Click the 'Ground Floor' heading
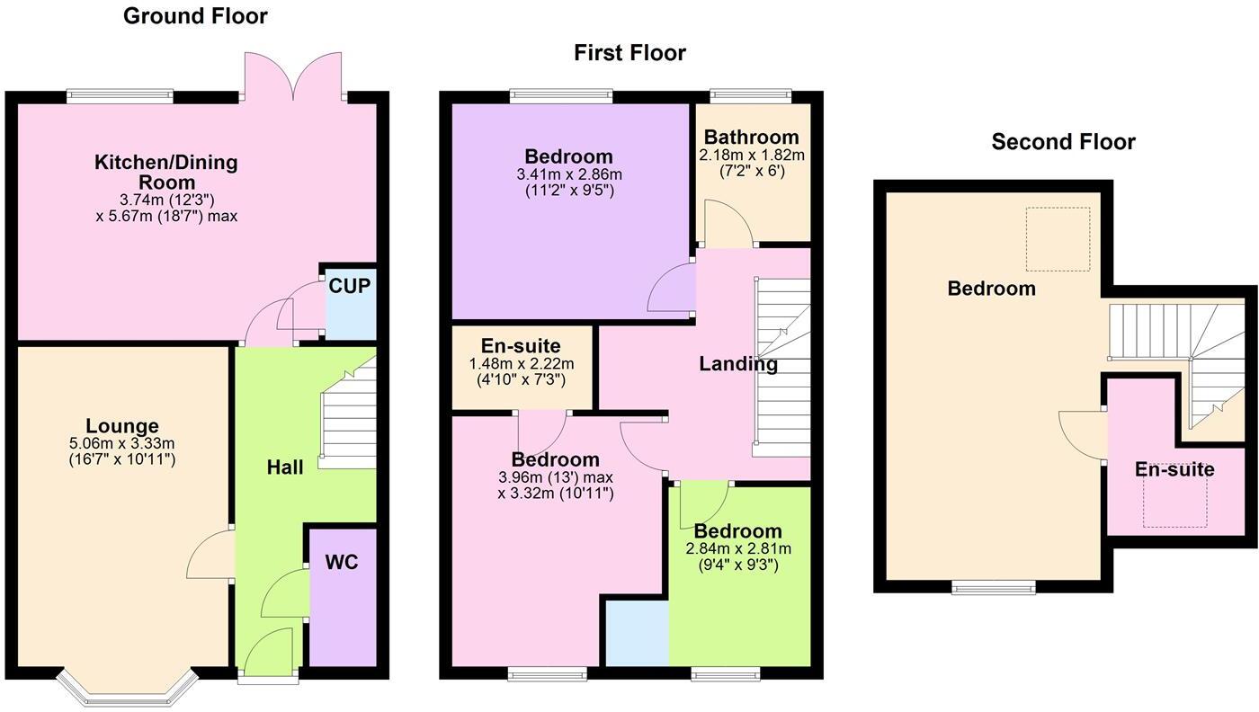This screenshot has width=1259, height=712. point(195,15)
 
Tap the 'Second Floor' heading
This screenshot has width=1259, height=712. point(1063,142)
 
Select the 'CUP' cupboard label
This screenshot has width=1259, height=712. point(350,286)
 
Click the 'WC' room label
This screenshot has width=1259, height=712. point(342,563)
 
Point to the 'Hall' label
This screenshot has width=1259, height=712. point(285,467)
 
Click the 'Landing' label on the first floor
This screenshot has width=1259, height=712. point(738,364)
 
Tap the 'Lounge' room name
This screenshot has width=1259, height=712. point(122,426)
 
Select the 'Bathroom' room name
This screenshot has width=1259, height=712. point(751,138)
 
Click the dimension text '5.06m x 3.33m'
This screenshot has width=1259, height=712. point(122,443)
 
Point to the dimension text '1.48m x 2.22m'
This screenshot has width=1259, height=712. point(522,363)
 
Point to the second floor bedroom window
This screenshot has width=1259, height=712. point(994,588)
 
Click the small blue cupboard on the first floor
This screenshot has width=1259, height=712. point(637,633)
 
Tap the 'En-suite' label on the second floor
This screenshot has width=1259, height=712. point(1174,469)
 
